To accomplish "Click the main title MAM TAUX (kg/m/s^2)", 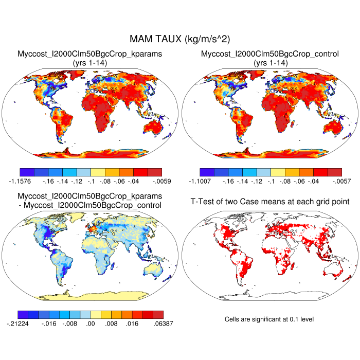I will pyautogui.click(x=180, y=39).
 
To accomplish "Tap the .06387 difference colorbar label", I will pyautogui.click(x=163, y=323).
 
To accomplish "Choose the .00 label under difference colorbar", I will pyautogui.click(x=91, y=323).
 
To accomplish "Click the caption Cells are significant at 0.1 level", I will pyautogui.click(x=269, y=319).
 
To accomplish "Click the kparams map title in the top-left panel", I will pyautogui.click(x=90, y=53).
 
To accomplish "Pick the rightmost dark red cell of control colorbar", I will pyautogui.click(x=334, y=172).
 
